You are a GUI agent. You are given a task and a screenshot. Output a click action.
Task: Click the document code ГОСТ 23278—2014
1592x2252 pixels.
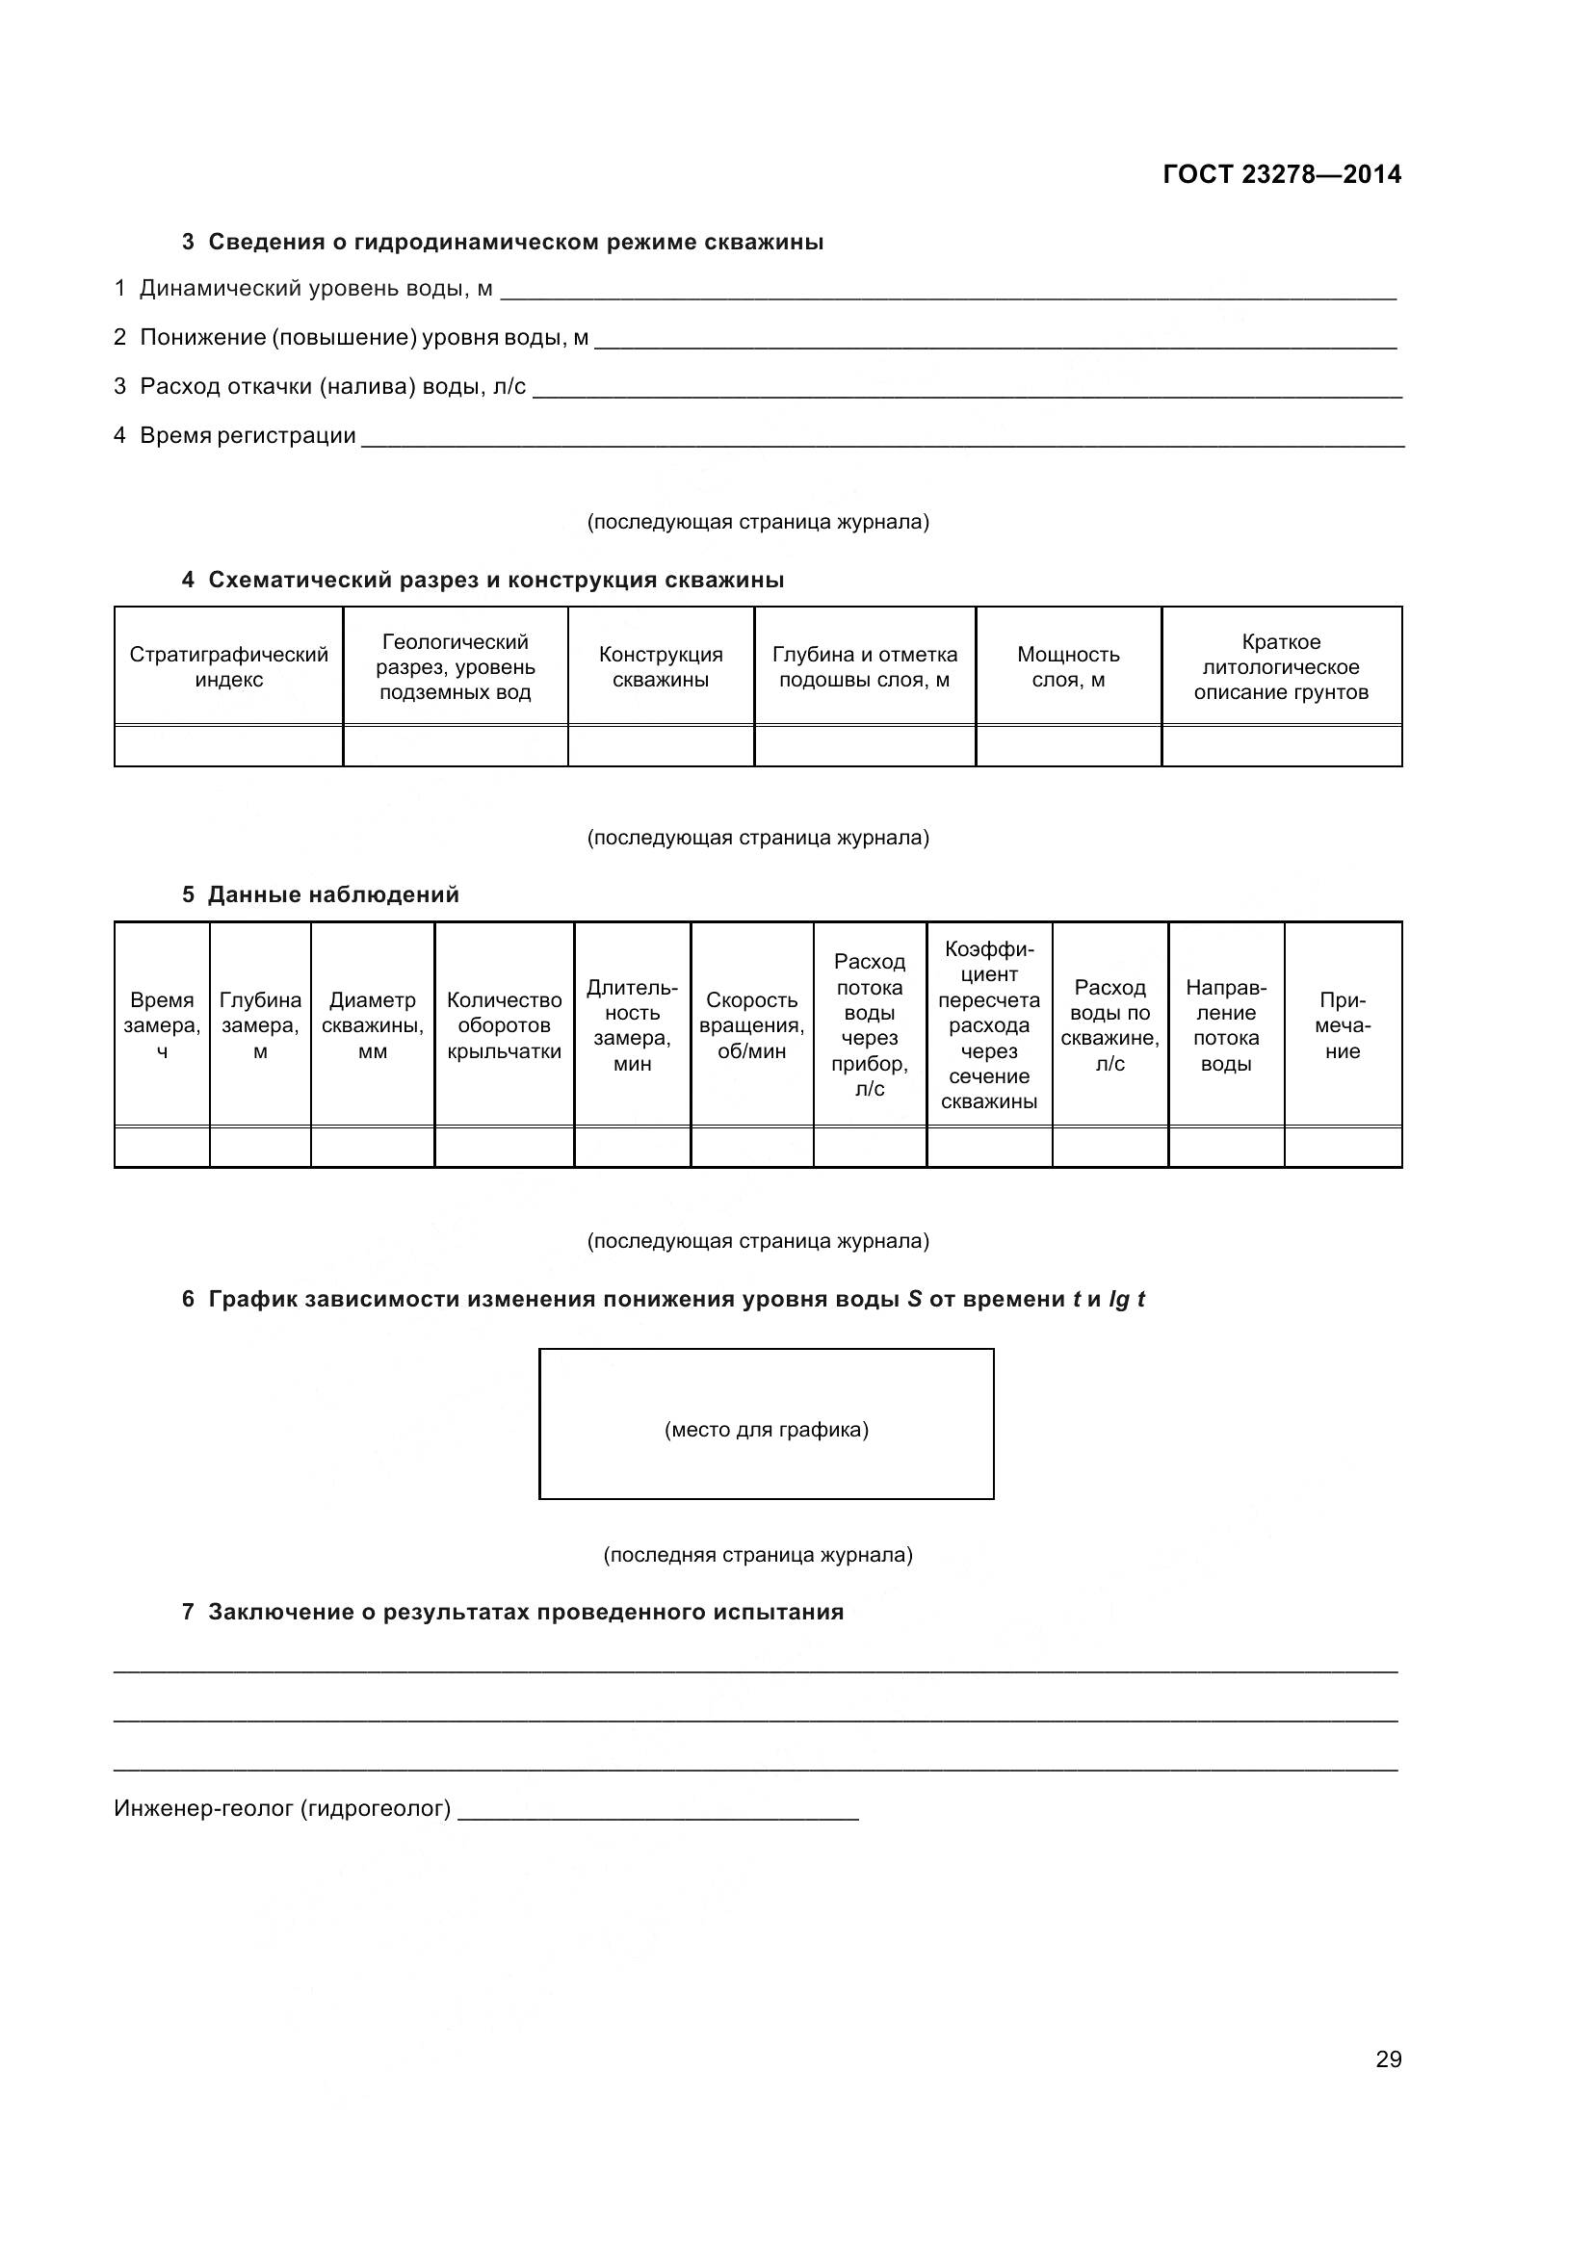[x=1281, y=174]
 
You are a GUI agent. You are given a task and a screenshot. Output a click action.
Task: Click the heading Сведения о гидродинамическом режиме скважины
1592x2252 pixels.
[x=515, y=243]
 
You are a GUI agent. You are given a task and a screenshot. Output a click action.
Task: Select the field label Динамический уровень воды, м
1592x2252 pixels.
[x=316, y=289]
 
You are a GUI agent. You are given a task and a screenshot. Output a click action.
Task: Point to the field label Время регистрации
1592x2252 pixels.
[x=248, y=435]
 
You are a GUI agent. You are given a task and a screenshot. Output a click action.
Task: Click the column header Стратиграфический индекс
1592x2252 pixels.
[x=228, y=667]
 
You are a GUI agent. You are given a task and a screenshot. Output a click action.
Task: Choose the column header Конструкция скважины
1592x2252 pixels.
[x=660, y=667]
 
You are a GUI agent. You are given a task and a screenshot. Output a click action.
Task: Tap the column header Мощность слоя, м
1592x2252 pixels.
[x=1067, y=667]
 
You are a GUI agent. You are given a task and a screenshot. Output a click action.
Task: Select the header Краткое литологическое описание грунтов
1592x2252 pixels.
[x=1280, y=667]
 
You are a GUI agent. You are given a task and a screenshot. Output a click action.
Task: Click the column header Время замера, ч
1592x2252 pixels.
[x=162, y=1025]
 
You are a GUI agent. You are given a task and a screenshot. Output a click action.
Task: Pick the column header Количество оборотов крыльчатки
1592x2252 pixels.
[x=505, y=1025]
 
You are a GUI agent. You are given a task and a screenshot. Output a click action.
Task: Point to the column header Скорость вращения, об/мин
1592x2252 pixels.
[x=751, y=1025]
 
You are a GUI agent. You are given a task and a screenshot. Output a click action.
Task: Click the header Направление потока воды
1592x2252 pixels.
[x=1225, y=1025]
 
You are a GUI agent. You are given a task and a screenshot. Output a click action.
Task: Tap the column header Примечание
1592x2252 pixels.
[x=1342, y=1025]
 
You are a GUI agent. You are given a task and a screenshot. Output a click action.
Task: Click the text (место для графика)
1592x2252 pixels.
[x=766, y=1429]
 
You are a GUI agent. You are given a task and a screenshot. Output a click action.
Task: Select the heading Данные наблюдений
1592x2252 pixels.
[x=332, y=894]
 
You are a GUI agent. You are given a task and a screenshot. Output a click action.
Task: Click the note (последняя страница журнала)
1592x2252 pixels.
[x=757, y=1555]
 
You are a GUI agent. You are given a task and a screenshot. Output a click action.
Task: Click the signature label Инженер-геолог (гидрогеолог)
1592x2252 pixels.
[x=282, y=1808]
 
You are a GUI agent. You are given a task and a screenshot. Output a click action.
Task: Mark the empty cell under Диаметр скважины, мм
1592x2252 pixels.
[x=372, y=1147]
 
